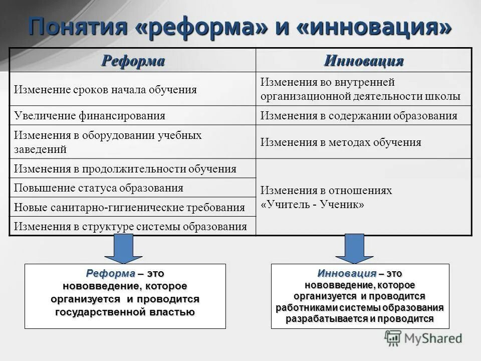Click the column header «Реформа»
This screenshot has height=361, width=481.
[x=133, y=61]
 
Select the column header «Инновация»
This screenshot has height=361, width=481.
[x=364, y=61]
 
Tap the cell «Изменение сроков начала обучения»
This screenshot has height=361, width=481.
[x=105, y=90]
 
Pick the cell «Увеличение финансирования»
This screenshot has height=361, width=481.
[x=90, y=116]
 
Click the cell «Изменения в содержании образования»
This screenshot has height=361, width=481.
[x=359, y=116]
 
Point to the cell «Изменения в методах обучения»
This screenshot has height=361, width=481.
[x=341, y=142]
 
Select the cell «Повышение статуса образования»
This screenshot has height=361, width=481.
[x=99, y=188]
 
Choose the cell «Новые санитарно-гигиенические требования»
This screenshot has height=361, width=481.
[x=129, y=207]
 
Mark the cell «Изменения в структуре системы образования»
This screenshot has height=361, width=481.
[x=130, y=226]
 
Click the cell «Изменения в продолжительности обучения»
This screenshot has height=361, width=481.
[x=125, y=169]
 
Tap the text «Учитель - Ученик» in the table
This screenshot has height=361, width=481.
[x=312, y=205]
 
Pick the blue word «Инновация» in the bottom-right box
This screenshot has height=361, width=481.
[x=347, y=273]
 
